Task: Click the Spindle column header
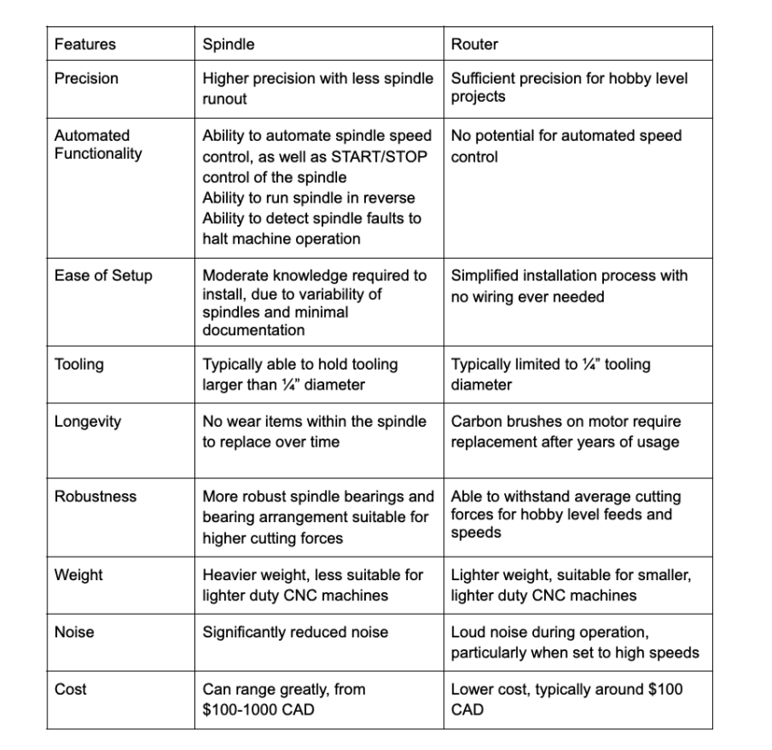point(228,44)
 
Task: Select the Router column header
point(474,44)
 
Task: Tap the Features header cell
point(85,44)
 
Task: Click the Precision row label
point(86,79)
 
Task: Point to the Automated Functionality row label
point(98,144)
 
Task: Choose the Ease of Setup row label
point(104,276)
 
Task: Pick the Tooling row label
point(79,365)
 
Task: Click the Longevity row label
point(88,422)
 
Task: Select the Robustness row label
point(95,497)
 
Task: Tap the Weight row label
point(78,575)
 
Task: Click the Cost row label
point(71,689)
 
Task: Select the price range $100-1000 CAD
point(258,709)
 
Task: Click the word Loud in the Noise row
point(469,632)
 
